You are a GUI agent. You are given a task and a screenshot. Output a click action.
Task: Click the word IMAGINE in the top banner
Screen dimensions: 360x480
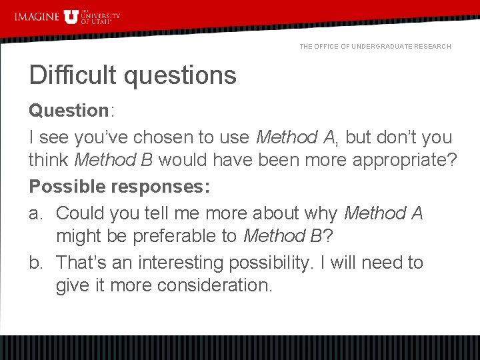pyautogui.click(x=37, y=16)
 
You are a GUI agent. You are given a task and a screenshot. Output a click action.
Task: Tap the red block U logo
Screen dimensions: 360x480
pyautogui.click(x=71, y=17)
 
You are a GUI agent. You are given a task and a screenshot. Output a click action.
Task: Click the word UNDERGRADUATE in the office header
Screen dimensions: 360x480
pyautogui.click(x=381, y=47)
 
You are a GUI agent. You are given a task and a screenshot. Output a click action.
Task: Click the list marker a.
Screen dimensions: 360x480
pyautogui.click(x=35, y=213)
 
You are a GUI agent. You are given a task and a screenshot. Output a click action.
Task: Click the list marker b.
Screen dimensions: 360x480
pyautogui.click(x=35, y=263)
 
